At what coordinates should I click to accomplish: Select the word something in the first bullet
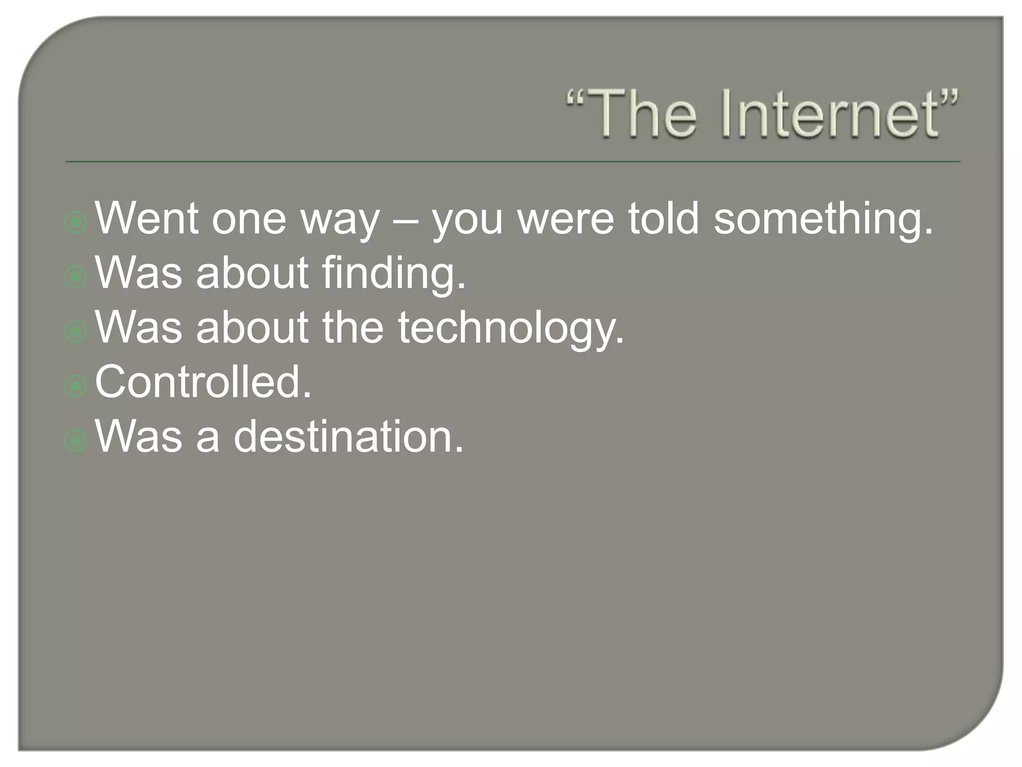point(823,220)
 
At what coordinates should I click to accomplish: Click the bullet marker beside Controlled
point(76,385)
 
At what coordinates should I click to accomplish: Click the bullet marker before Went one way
point(76,222)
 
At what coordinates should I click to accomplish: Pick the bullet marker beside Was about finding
point(76,277)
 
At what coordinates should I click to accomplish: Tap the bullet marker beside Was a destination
point(76,440)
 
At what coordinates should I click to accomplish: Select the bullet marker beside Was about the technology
point(76,332)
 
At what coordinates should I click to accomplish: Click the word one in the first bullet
point(249,220)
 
